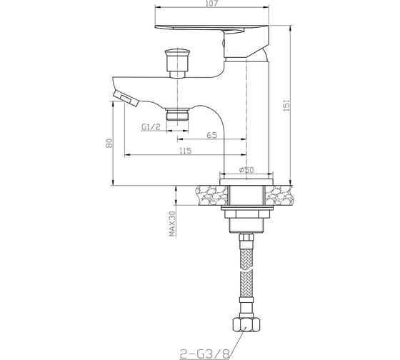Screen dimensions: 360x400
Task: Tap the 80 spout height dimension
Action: click(x=108, y=143)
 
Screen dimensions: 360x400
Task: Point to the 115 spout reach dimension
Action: click(x=184, y=151)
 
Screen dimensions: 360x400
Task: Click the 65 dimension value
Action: click(x=212, y=135)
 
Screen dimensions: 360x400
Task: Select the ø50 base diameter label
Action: click(x=246, y=169)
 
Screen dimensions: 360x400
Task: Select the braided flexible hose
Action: click(x=246, y=279)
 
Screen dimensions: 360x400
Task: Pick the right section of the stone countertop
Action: click(x=280, y=195)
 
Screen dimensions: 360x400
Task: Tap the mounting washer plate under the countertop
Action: click(x=246, y=214)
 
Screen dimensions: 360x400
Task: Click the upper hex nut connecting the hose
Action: click(x=246, y=239)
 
